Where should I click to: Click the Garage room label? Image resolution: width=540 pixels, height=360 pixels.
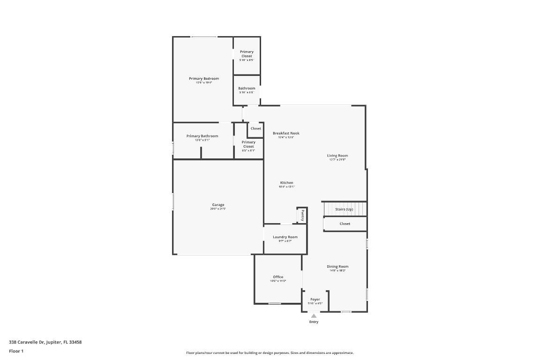[218, 205]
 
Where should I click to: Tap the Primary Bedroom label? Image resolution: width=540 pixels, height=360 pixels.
[204, 79]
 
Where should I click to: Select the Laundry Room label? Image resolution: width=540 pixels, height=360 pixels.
[285, 237]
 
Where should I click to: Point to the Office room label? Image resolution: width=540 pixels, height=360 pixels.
[278, 277]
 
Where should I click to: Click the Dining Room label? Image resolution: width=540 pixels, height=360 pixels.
[337, 267]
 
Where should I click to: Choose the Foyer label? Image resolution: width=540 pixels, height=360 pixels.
[315, 300]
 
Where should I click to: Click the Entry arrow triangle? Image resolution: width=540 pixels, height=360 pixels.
[314, 316]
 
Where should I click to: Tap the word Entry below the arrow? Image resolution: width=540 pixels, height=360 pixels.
[314, 322]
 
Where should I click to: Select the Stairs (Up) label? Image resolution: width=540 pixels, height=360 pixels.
[344, 209]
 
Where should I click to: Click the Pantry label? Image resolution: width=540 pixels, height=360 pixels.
[302, 216]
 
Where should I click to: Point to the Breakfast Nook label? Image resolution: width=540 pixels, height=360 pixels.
[286, 134]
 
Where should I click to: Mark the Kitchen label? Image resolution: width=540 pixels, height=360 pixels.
[287, 183]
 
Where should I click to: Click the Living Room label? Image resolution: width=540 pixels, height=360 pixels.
[337, 156]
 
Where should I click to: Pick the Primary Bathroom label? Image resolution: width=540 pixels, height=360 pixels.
[202, 136]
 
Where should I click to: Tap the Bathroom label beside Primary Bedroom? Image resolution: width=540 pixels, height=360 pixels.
[247, 89]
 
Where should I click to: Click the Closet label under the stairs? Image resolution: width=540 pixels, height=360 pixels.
[345, 224]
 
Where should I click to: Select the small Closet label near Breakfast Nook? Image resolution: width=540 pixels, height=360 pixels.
[256, 128]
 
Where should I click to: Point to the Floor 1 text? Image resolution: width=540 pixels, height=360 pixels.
[16, 351]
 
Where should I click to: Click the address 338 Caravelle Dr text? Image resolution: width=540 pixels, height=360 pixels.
[45, 342]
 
